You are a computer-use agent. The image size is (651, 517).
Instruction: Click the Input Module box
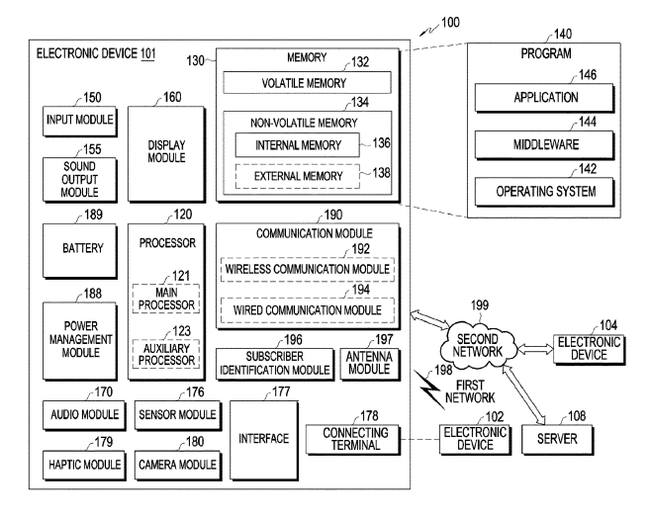(x=81, y=121)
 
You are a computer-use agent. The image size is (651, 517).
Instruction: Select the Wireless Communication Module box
(x=307, y=269)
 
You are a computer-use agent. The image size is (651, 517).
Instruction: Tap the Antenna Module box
(x=368, y=363)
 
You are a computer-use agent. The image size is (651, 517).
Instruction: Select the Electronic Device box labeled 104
(x=590, y=348)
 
